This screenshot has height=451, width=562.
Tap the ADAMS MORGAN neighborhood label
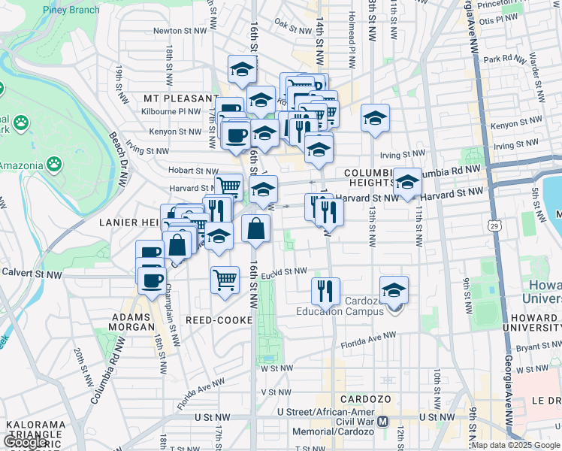pos(133,322)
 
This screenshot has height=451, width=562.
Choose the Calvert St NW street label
pos(31,274)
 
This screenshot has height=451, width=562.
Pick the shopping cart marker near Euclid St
pos(225,280)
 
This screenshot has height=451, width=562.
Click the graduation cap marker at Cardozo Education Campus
pos(394,290)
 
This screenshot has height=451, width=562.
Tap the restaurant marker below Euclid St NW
pos(325,290)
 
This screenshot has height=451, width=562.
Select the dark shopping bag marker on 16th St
pos(256,229)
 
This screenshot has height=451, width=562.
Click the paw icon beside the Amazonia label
pos(53,163)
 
